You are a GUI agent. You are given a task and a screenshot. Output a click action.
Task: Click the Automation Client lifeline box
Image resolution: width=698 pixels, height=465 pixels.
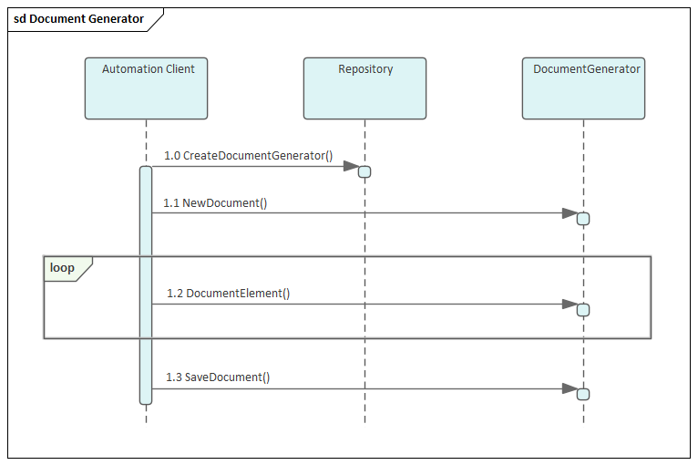tap(146, 89)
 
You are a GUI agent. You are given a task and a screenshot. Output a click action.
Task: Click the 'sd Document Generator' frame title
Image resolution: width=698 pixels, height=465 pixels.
tap(78, 19)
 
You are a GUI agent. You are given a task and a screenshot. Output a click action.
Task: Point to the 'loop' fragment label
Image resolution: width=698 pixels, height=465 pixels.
tap(63, 268)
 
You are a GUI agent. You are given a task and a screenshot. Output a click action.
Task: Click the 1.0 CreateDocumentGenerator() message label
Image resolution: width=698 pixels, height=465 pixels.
tap(249, 156)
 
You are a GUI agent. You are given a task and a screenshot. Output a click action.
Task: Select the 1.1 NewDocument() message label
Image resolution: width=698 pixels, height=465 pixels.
tap(215, 203)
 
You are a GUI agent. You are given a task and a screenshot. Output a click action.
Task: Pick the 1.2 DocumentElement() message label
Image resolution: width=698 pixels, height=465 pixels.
tap(228, 294)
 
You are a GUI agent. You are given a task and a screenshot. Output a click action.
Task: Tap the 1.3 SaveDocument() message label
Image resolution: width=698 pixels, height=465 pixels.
tap(218, 377)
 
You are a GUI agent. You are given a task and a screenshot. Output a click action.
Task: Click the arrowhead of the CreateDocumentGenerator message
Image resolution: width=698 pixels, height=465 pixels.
tap(351, 166)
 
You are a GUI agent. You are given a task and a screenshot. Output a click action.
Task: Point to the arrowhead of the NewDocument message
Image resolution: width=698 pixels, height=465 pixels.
tap(570, 213)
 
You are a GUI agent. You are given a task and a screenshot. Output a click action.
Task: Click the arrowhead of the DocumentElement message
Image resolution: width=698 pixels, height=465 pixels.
tap(570, 304)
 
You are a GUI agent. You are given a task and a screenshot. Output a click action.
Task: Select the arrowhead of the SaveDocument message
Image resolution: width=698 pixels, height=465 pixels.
tap(570, 388)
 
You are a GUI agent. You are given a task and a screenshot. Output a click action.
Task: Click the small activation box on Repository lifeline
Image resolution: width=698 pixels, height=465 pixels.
tap(364, 171)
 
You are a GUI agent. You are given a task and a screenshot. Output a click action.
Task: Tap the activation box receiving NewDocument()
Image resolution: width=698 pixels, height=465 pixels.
tap(583, 219)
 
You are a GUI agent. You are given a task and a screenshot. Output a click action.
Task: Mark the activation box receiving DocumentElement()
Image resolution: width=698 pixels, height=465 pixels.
tap(583, 310)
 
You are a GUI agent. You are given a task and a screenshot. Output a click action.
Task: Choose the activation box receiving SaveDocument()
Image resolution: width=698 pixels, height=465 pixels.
tap(583, 394)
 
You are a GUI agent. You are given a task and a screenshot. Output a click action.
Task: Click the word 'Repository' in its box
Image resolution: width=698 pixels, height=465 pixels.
tap(365, 69)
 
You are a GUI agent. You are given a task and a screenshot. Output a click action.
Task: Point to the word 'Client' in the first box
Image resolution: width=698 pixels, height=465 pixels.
tap(180, 69)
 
